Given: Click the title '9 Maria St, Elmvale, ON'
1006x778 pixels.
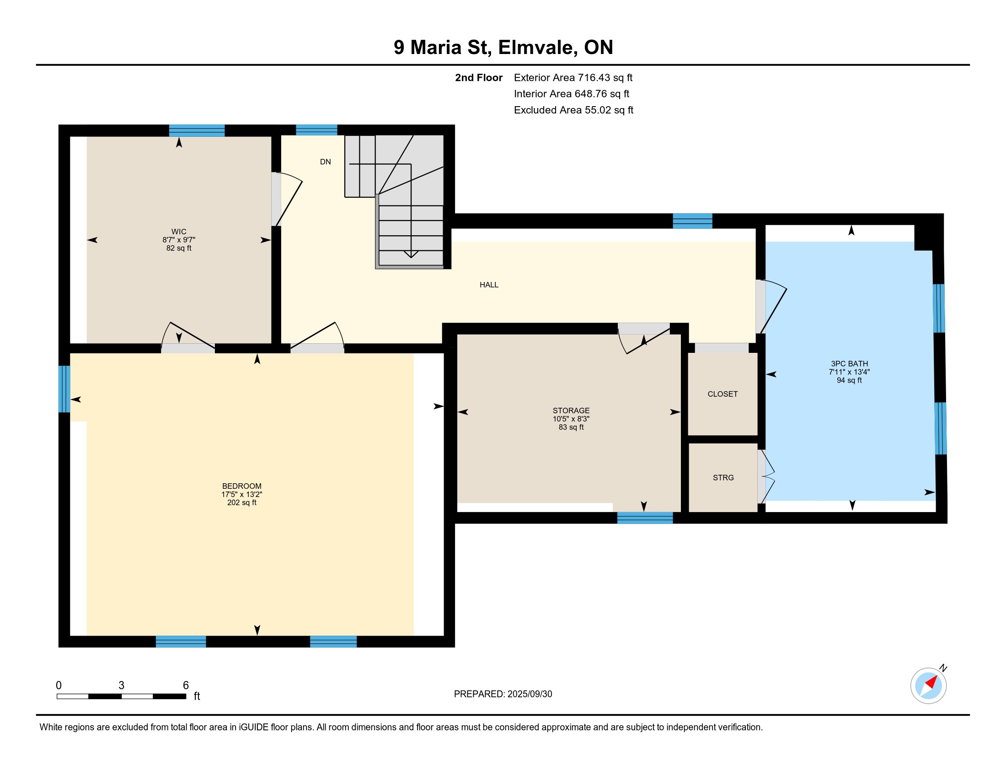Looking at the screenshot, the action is tap(503, 48).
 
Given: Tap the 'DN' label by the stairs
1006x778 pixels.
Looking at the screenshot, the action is tap(325, 162).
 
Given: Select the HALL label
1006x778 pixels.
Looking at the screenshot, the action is tap(489, 285).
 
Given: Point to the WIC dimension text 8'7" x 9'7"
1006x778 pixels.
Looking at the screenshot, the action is tap(179, 240).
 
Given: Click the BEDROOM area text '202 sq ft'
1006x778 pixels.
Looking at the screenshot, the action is tap(241, 502).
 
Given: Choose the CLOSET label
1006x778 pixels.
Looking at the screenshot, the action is tap(722, 394).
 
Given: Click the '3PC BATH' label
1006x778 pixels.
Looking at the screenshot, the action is tap(849, 364).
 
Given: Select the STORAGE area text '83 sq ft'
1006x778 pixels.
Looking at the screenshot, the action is tap(571, 427).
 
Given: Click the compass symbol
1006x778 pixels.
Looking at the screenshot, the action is tap(928, 685).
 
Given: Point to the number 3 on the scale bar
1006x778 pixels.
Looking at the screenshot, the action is tap(121, 686).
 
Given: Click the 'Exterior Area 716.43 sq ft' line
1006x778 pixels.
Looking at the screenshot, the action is tap(573, 77).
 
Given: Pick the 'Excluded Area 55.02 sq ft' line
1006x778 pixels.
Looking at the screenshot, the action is tap(573, 110).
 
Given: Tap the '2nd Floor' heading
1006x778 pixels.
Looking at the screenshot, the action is tap(479, 77).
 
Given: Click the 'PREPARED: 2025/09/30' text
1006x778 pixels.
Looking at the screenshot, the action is tap(503, 694).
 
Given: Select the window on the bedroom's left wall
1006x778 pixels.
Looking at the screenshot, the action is tap(64, 389).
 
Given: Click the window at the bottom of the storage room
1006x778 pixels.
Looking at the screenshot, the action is tap(645, 518).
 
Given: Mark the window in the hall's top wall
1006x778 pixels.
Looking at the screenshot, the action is tap(692, 221).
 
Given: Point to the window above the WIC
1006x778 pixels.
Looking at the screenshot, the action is tap(197, 130).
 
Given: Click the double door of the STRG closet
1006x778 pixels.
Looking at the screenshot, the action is tap(765, 476).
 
